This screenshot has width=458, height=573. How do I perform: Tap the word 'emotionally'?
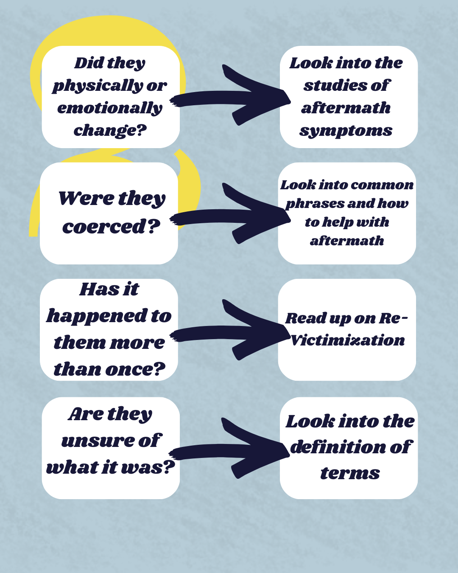(110, 108)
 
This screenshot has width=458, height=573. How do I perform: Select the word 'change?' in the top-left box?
(110, 130)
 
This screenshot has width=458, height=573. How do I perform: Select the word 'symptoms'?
(346, 131)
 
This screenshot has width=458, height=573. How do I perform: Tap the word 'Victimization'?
(348, 340)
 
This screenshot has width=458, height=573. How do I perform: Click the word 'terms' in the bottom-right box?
(350, 473)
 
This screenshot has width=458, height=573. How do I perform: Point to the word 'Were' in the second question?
(86, 199)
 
